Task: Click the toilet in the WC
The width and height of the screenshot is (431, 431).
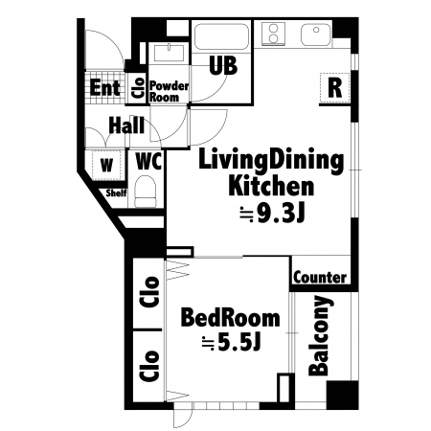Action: point(146,192)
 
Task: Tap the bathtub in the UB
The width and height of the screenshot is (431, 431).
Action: point(221,36)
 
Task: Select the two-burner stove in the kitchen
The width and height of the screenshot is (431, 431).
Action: point(273,34)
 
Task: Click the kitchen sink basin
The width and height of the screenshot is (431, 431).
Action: point(316,34)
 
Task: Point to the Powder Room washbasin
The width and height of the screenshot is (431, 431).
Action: point(169,53)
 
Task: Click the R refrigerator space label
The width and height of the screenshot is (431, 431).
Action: point(335,88)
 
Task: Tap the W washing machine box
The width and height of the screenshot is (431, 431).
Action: point(106,165)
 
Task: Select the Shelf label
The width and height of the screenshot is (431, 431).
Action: point(116,193)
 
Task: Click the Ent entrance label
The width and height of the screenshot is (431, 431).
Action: point(105,87)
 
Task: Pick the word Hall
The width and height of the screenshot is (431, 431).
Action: point(126,125)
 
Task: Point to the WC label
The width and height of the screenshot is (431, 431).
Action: point(148,161)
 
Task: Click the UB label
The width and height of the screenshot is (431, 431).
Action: point(223,65)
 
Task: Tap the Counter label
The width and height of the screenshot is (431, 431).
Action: point(320,277)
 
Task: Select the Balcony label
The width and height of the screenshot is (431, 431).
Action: point(319,335)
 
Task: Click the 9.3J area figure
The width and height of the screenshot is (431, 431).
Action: point(273,214)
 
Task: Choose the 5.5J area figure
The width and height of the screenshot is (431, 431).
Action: point(232,343)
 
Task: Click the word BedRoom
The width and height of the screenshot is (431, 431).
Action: point(230,318)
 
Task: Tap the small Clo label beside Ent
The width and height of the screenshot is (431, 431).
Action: point(138,88)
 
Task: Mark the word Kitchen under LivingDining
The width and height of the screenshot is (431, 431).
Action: point(271,186)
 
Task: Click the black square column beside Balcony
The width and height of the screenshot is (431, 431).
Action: point(342,395)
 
